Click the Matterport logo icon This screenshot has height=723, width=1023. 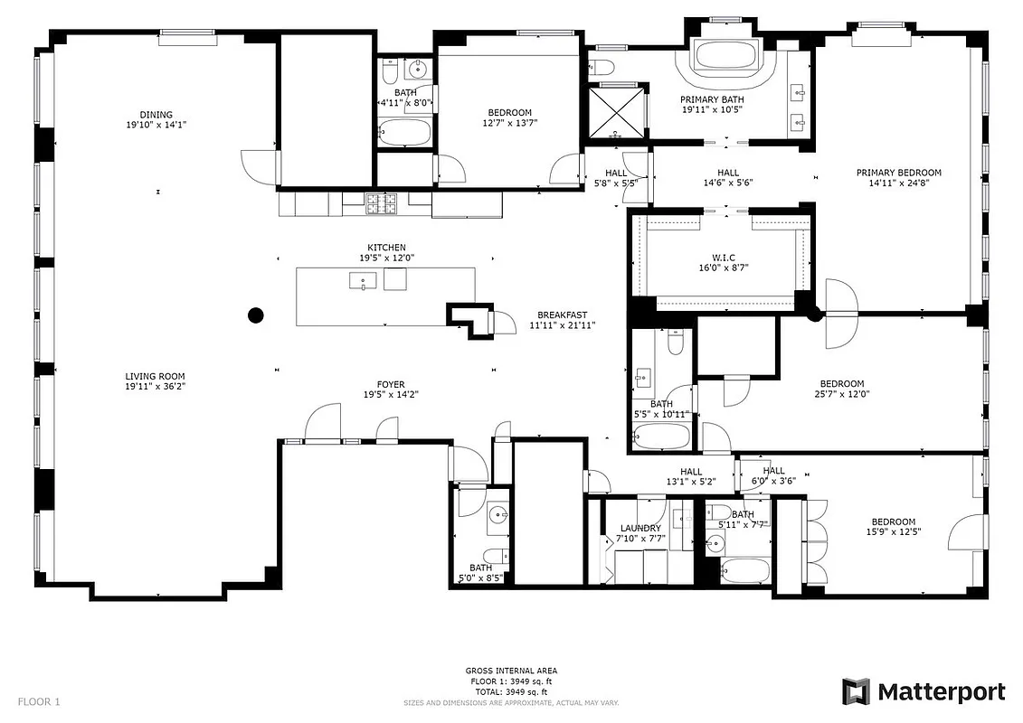coord(856,691)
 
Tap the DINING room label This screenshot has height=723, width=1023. coord(156,115)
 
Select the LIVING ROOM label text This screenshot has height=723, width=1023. coord(156,376)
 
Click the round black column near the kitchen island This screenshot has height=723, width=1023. coord(256,315)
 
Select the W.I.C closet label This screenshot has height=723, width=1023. coord(723,258)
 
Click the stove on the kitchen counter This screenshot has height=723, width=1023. coord(381,203)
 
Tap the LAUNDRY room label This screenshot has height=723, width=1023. coord(640,528)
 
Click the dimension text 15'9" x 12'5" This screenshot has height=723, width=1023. coord(893,532)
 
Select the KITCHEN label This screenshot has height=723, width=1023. coord(386,248)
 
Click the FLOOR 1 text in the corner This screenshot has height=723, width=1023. coord(39,700)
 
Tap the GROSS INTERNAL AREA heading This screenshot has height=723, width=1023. coord(511,671)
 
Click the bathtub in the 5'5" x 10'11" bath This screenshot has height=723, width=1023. coord(660,437)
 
